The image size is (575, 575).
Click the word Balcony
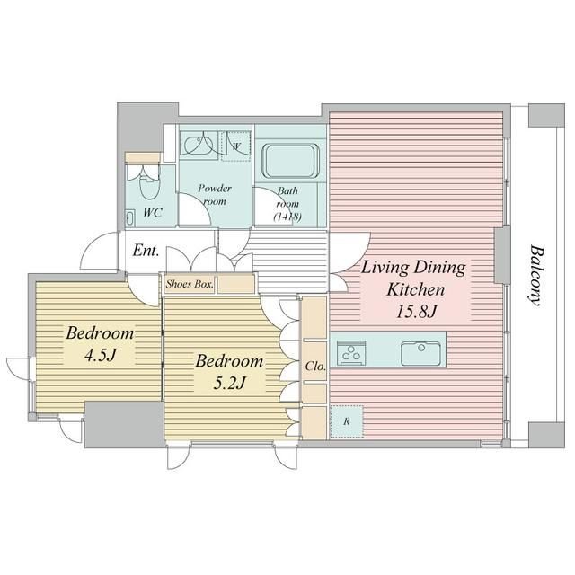(x=535, y=276)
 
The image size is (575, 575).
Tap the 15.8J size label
(x=416, y=312)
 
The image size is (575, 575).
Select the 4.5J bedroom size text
(x=100, y=355)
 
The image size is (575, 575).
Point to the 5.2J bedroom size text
(x=229, y=383)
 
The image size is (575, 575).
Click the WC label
(x=153, y=213)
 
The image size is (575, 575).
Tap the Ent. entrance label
(x=146, y=251)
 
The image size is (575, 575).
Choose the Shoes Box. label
(x=190, y=284)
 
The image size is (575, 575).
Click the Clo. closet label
(x=315, y=366)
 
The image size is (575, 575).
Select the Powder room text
(x=215, y=194)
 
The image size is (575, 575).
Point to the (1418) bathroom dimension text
(x=287, y=217)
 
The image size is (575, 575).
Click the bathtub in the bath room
(x=290, y=161)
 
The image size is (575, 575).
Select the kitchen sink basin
(x=420, y=353)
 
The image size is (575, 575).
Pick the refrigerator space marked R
(x=347, y=421)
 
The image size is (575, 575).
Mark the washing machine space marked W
(x=236, y=146)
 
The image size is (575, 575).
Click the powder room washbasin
(x=197, y=146)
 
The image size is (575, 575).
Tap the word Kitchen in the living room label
(x=416, y=289)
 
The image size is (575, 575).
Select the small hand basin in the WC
(x=129, y=217)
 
